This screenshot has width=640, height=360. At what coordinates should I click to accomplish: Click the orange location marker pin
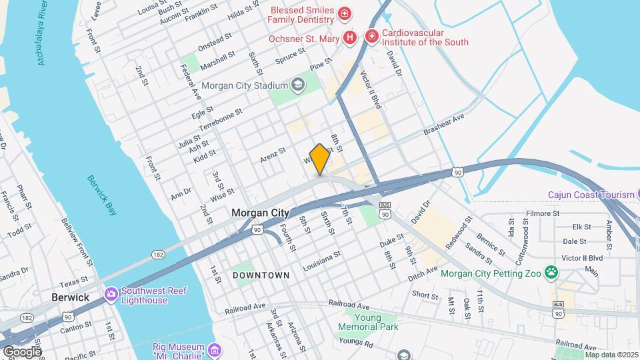coord(319,159)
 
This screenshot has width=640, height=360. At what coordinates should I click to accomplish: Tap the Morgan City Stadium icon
coord(297,85)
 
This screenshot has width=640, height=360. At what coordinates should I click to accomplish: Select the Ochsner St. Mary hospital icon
coord(349,38)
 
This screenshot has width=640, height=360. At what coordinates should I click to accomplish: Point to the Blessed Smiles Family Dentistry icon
coord(344,14)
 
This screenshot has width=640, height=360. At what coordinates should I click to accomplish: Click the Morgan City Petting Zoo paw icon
coord(551,272)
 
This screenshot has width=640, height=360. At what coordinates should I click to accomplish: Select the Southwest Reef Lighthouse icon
coord(111,293)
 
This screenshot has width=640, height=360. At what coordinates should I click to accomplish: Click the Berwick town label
coord(71,297)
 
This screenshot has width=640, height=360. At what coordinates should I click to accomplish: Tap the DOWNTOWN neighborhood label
coord(261,275)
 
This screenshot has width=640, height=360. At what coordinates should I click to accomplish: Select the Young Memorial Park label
coord(368,322)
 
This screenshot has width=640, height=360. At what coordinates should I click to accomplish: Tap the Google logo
coord(21,351)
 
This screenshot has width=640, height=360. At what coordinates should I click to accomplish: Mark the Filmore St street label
coord(541,214)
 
